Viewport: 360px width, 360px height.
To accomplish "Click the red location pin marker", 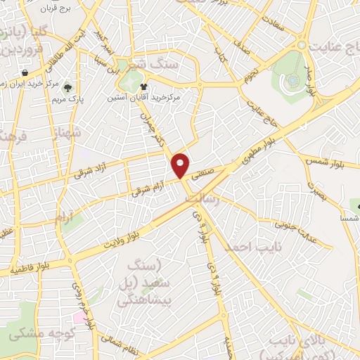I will click(x=181, y=165).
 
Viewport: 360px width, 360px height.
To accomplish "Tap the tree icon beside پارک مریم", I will click(x=68, y=89).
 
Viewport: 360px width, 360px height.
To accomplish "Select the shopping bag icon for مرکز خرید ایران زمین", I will click(x=25, y=72).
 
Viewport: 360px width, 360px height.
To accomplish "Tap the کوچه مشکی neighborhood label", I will click(x=38, y=335).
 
